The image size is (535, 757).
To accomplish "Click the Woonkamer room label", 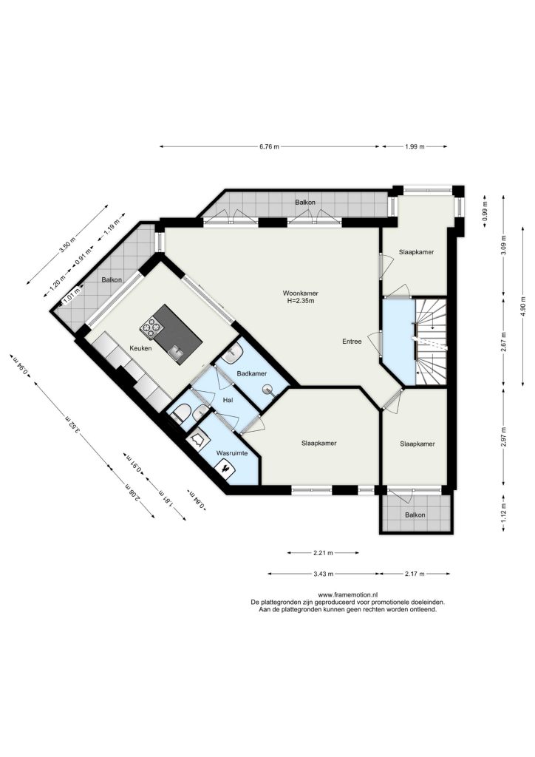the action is [x=300, y=293].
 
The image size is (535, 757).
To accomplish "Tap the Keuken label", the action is [x=141, y=348].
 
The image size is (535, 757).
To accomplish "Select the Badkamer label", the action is [x=252, y=373].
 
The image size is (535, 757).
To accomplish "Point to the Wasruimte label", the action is [x=232, y=453].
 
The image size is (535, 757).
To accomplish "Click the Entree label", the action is [x=352, y=342].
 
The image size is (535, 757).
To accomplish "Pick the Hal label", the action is [x=228, y=400].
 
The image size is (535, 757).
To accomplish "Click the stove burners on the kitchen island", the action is [x=151, y=327].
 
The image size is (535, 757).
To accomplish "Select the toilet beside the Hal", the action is [x=181, y=414].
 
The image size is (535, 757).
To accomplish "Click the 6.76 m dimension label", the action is [x=269, y=147].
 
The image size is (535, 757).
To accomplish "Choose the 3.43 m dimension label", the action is [x=323, y=574].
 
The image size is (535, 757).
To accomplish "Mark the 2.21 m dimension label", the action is [x=323, y=552].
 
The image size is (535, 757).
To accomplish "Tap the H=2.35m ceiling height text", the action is [x=300, y=301].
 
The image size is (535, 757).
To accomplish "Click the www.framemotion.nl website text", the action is [x=348, y=595].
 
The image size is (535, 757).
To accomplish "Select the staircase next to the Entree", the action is [x=430, y=342].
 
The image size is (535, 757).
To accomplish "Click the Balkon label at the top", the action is [x=305, y=203].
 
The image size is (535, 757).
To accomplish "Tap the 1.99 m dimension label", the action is [x=415, y=147].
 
